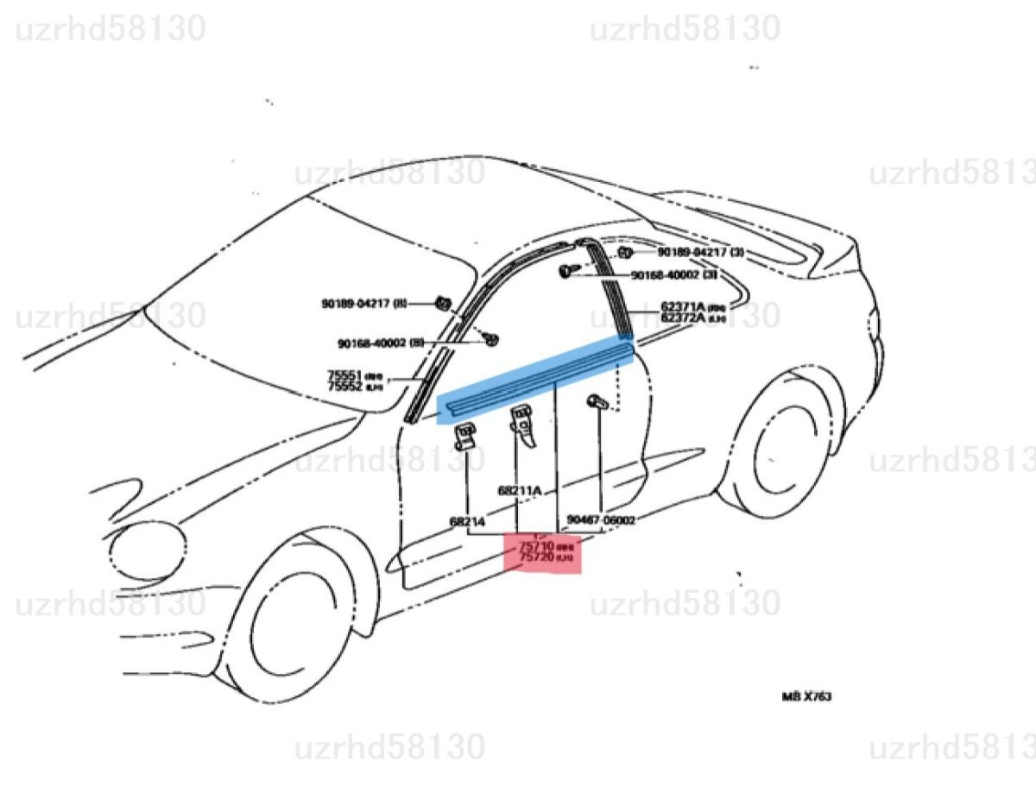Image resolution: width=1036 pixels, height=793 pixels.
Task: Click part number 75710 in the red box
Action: [535, 547]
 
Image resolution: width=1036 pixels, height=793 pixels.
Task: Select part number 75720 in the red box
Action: [535, 559]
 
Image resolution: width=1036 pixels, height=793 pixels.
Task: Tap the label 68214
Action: [467, 521]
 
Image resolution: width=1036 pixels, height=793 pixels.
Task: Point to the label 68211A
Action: [519, 490]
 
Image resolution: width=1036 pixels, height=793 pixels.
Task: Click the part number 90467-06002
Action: [601, 520]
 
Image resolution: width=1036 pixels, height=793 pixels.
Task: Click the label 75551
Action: [344, 375]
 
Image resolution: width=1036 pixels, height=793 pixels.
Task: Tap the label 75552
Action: [344, 387]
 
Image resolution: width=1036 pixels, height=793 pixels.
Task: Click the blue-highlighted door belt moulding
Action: [535, 377]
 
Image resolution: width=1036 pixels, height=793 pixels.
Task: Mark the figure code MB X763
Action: [807, 696]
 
